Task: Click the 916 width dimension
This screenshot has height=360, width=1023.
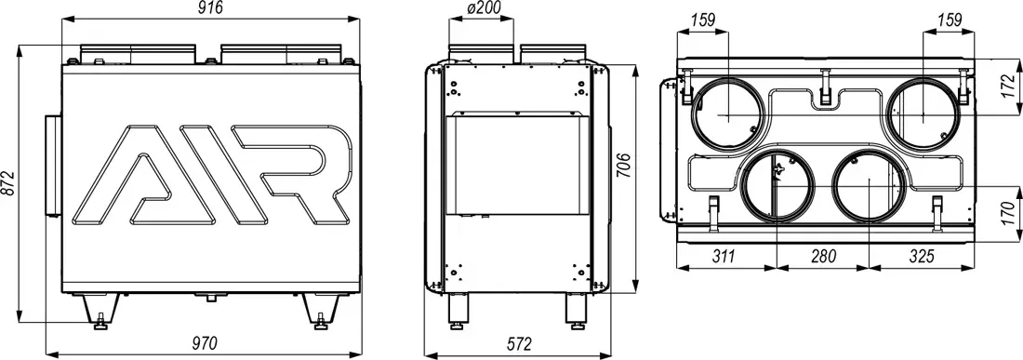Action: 211,8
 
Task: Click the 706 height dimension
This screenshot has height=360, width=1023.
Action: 623,166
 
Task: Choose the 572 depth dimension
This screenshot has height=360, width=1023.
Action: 520,343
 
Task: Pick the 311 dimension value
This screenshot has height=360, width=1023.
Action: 724,257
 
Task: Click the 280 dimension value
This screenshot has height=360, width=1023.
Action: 823,257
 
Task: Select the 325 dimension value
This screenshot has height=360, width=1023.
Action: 922,257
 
